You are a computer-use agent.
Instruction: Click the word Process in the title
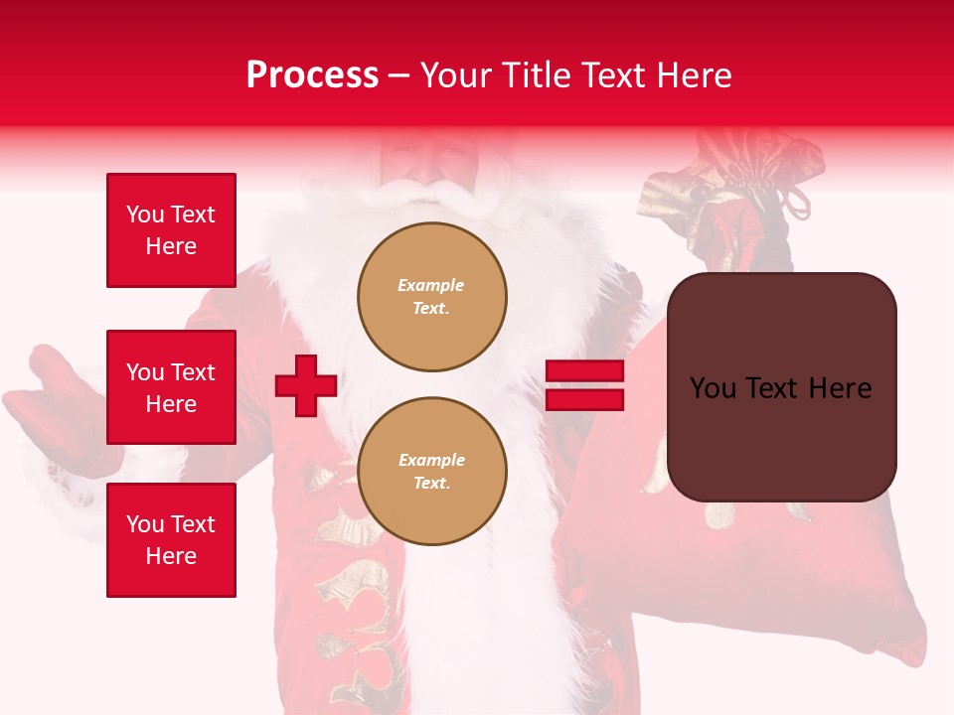pos(312,75)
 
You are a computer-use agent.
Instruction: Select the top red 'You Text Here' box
pos(171,230)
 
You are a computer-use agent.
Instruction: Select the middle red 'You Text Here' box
pos(171,387)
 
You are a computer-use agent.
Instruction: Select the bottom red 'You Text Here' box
pos(171,540)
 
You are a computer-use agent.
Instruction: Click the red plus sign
pos(306,385)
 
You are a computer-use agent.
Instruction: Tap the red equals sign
pos(584,385)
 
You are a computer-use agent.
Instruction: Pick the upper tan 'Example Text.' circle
pos(432,297)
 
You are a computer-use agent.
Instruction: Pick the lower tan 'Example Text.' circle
pos(432,472)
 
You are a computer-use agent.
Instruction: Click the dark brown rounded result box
pos(782,387)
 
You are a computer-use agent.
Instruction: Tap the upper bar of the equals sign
pos(584,371)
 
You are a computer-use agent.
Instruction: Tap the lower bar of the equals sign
pos(584,399)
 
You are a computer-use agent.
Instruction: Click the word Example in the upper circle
pos(431,285)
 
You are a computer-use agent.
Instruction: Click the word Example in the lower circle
pos(431,460)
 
